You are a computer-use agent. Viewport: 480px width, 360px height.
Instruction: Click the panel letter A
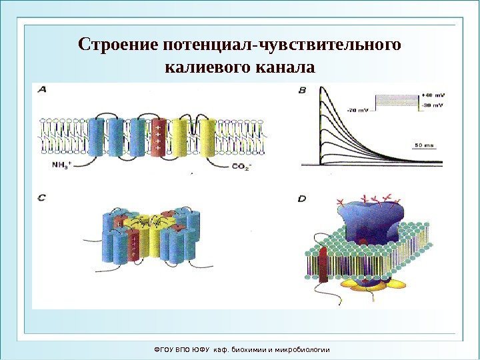(42, 89)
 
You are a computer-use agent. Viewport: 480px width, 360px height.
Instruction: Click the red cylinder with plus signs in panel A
(157, 137)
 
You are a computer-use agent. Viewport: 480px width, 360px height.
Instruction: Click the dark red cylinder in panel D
(324, 265)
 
